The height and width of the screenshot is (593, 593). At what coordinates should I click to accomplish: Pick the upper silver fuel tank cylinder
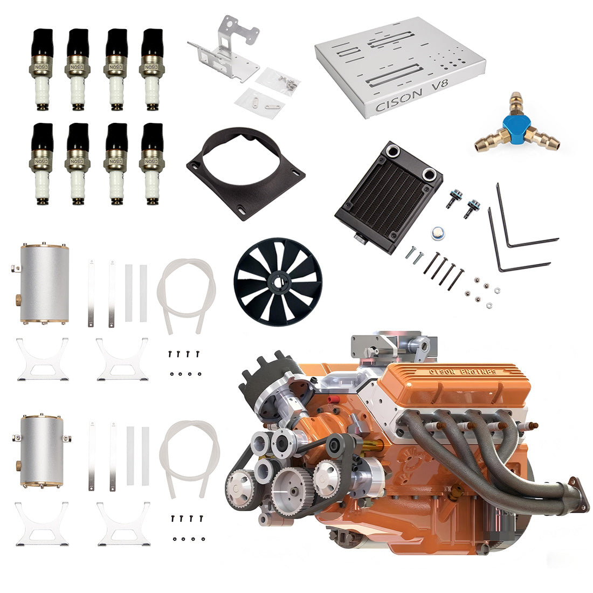tap(45, 284)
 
